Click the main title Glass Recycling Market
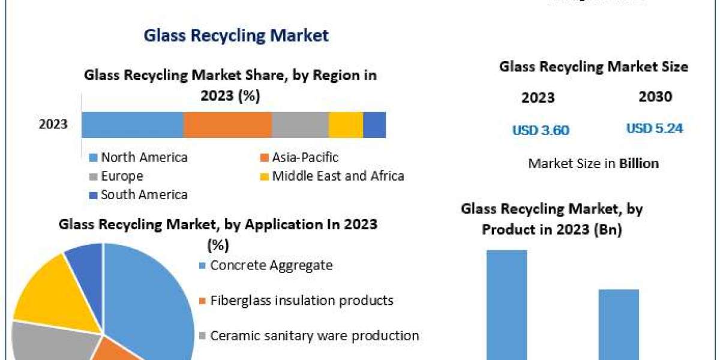coord(236,35)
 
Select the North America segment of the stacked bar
coord(132,125)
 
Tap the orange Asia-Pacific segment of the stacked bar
coord(227,125)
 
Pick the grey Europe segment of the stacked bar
coord(300,125)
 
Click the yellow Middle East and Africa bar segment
coord(346,125)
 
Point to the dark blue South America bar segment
coord(374,125)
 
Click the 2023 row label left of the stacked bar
coord(53,125)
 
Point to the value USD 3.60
coord(540,130)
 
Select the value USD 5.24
coord(655,128)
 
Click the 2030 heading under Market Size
coord(655,97)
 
